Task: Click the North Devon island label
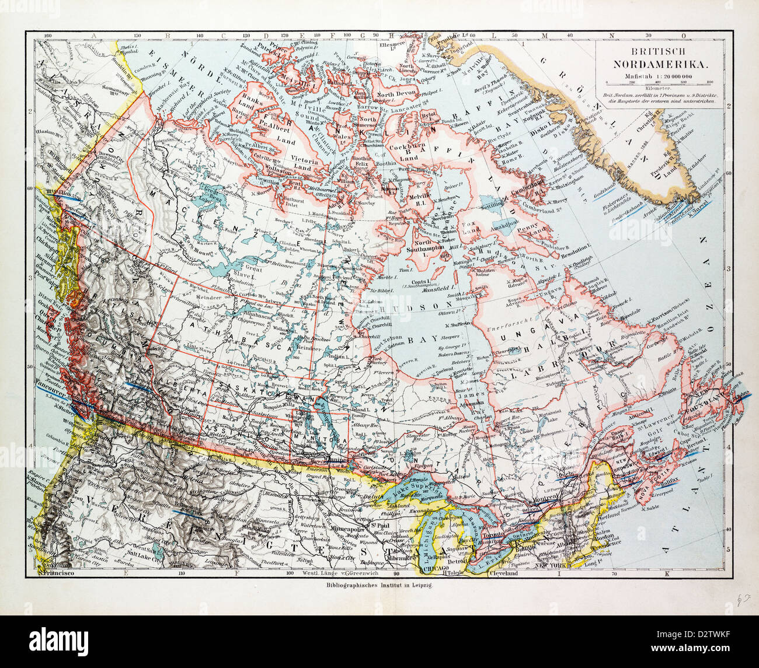click(x=395, y=93)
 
